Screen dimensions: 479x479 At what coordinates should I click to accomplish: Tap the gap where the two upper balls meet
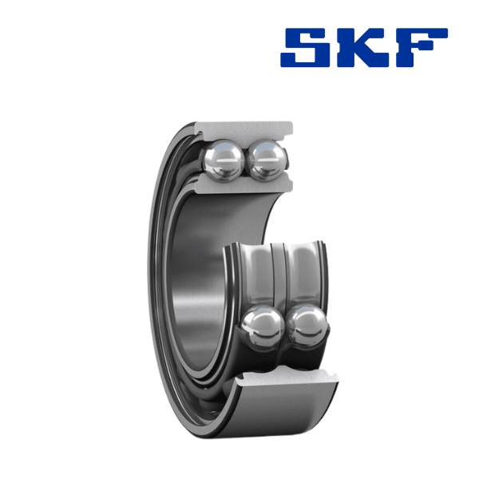tap(245, 160)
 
